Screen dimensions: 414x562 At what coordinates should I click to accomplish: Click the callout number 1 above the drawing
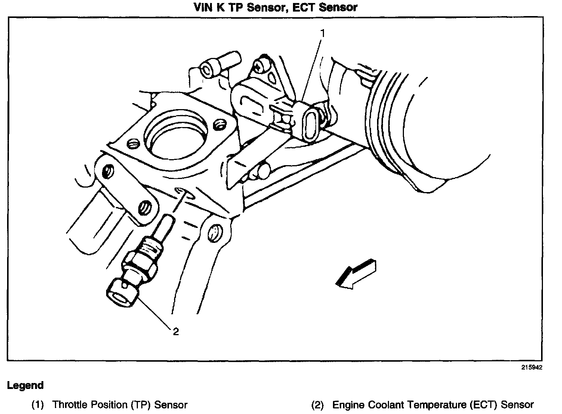pyautogui.click(x=323, y=33)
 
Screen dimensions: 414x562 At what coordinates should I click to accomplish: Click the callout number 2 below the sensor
pyautogui.click(x=176, y=331)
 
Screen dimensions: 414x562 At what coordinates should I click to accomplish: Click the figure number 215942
pyautogui.click(x=532, y=367)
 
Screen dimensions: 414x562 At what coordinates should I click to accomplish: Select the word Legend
pyautogui.click(x=25, y=386)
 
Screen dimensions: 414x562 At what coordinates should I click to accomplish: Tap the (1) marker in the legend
pyautogui.click(x=38, y=405)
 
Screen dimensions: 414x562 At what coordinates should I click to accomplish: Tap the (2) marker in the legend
pyautogui.click(x=318, y=405)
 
